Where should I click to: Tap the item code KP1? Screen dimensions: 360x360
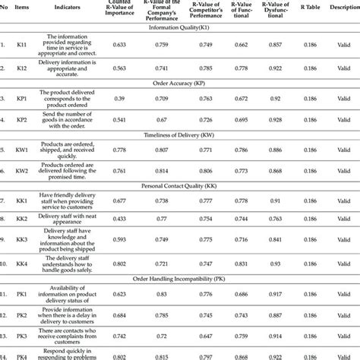(x=23, y=98)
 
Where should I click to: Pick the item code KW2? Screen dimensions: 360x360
(x=23, y=171)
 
